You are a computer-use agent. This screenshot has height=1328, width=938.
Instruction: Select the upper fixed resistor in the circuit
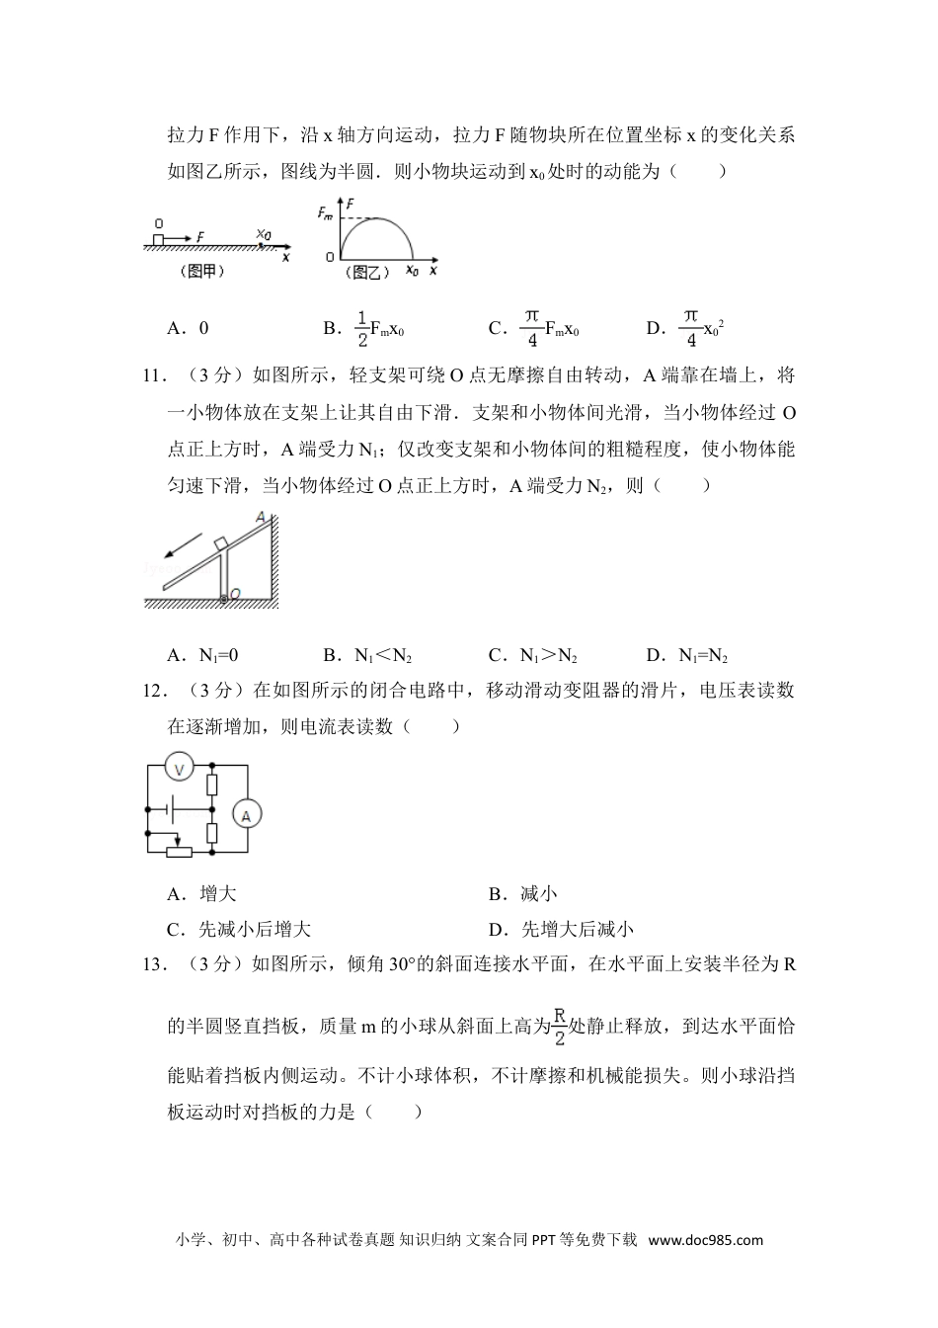212,786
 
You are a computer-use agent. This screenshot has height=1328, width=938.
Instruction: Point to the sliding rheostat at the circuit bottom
179,852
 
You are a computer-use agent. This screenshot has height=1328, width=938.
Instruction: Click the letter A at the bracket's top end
260,517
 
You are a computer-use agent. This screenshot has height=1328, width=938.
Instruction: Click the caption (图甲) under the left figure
202,272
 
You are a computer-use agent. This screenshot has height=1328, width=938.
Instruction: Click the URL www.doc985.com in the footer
705,1240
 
